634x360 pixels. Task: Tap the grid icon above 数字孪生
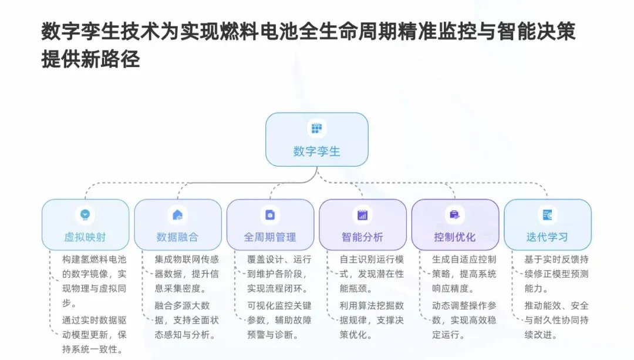316,127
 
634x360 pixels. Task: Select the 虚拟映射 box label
85,237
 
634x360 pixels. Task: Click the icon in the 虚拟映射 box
85,214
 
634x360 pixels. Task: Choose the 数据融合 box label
177,237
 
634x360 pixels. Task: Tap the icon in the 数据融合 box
177,214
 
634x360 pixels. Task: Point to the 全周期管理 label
270,237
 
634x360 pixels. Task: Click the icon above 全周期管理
270,214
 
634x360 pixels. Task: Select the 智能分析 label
362,237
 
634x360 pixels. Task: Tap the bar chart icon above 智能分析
362,214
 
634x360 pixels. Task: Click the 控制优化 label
455,237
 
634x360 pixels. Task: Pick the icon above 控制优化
455,214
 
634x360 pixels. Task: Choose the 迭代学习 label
547,237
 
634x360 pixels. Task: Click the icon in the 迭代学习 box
547,214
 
